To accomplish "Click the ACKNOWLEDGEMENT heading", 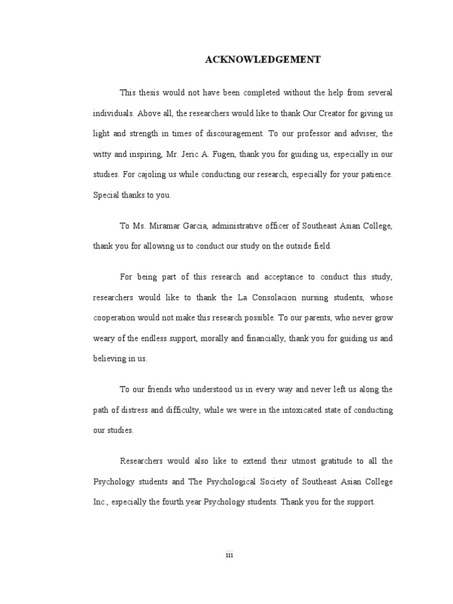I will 262,60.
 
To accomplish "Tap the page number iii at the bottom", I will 230,555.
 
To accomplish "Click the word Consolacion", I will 278,297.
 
